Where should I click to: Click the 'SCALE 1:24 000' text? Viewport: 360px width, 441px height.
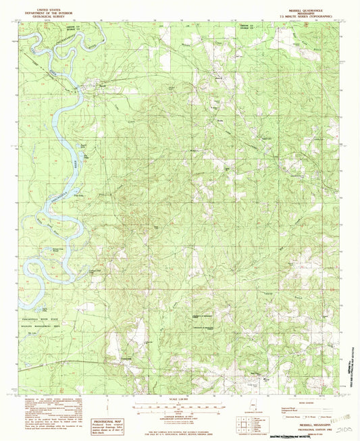click(x=179, y=404)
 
